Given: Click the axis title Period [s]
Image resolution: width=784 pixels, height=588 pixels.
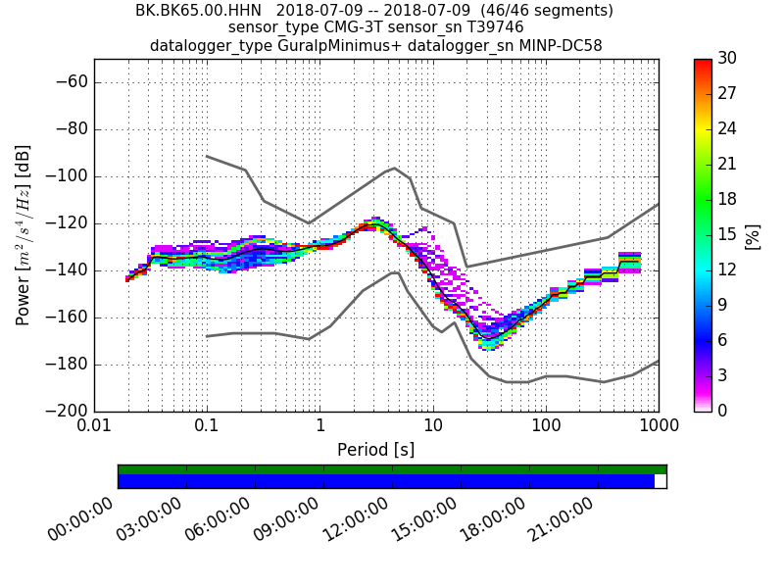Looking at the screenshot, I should pos(375,450).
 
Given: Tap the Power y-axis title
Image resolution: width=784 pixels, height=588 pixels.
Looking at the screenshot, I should pos(24,235).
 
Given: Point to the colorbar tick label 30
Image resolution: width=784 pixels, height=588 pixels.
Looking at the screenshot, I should pos(727,59).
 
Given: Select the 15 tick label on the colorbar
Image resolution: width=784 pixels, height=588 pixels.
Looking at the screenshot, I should pos(727,234).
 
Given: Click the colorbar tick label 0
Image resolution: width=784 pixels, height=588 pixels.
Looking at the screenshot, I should pos(722,411).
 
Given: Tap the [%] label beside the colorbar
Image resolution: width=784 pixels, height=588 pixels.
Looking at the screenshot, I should pos(753,235).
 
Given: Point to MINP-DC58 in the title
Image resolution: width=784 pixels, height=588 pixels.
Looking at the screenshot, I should pos(555,45).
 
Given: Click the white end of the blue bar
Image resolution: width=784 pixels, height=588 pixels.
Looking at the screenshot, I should pos(660,481).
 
